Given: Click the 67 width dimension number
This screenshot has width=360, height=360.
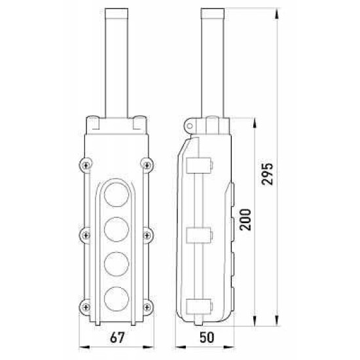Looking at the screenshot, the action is coord(117,338).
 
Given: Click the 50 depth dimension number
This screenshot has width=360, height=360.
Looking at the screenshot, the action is coord(207,338).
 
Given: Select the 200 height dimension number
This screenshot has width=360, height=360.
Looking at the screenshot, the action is coord(245,219).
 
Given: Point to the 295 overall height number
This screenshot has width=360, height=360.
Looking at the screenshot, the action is coord(267,174).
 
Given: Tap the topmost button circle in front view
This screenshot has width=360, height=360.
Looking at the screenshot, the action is coord(117,194).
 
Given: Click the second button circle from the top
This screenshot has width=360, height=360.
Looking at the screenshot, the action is coord(117,229).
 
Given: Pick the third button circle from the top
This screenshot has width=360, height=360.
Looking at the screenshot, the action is coord(117,264).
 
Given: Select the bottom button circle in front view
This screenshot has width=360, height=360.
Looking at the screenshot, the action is coord(117,298).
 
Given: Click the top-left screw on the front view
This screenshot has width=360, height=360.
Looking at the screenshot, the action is coord(86,165).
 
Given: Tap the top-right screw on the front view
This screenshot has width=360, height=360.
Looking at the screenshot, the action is coord(147,165).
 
